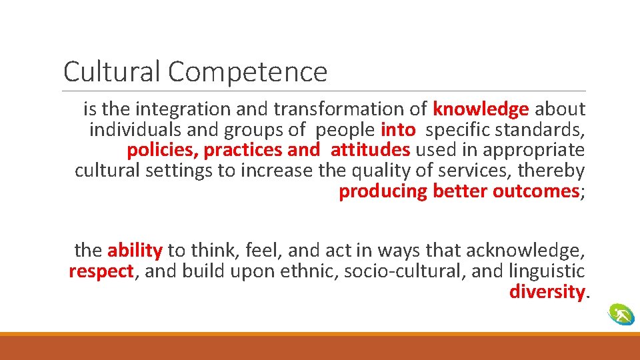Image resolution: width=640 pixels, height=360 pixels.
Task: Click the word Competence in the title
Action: (247, 72)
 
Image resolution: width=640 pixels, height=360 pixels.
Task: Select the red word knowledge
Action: (481, 108)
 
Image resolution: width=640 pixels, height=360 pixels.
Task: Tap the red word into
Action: (398, 129)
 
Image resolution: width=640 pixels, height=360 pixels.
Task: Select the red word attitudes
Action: (370, 149)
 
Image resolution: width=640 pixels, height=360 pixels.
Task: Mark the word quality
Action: (379, 171)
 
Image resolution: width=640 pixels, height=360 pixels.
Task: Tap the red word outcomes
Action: (535, 191)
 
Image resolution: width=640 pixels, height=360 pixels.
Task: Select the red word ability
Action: (135, 251)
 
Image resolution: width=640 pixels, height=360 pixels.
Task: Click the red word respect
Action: (101, 272)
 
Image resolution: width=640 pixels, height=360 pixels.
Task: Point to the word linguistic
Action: (547, 271)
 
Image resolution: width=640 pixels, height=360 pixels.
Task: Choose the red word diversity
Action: (547, 292)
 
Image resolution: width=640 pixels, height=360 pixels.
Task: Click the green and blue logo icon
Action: (621, 314)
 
